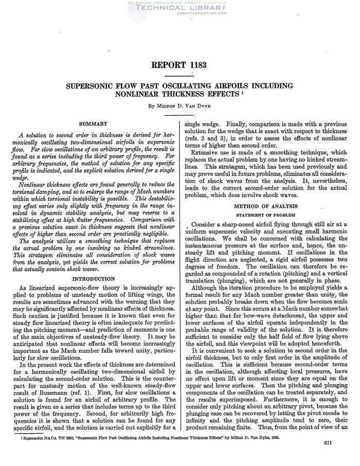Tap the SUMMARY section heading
93,123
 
